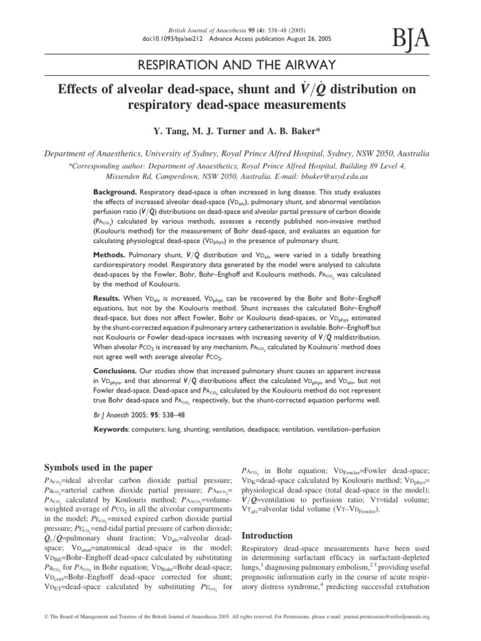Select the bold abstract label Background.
click(x=115, y=188)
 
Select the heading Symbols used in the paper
click(x=95, y=468)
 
